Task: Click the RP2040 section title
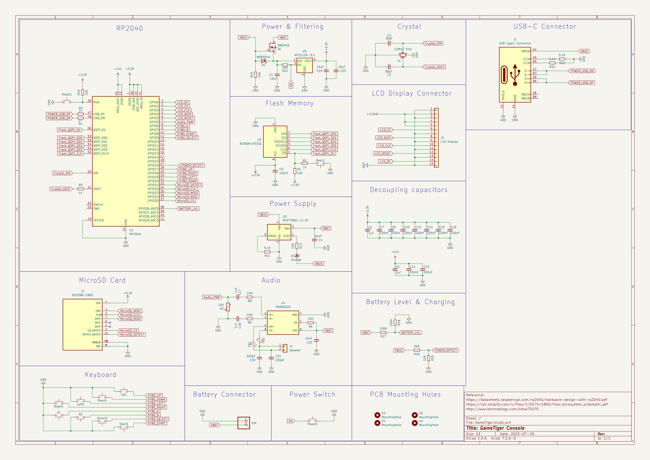(x=130, y=28)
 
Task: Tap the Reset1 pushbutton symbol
(x=67, y=102)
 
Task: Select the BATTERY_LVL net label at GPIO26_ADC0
(x=189, y=209)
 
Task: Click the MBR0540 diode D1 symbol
(x=263, y=61)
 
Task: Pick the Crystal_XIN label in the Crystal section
(x=433, y=43)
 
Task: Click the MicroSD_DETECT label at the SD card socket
(x=132, y=334)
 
